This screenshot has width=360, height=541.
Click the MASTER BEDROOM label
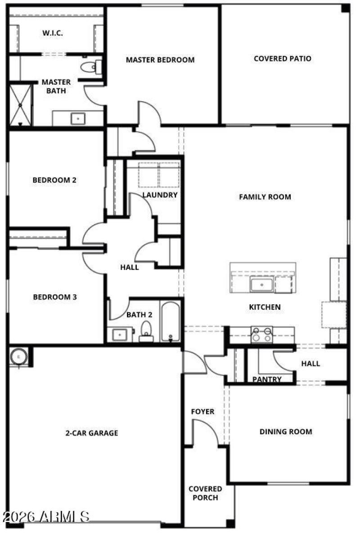pos(160,60)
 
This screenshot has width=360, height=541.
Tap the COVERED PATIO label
pos(282,59)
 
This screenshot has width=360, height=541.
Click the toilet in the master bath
pos(89,68)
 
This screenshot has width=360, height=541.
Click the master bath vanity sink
pos(78,119)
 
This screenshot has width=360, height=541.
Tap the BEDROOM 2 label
pos(54,180)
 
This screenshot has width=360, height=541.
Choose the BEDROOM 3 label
pos(55,297)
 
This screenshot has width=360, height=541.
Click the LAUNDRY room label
pos(160,195)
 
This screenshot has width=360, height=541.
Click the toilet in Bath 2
pos(146,331)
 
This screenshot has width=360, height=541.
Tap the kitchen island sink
pos(261,285)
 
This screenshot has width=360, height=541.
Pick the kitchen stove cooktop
pos(261,335)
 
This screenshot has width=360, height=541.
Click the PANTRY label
pos(267,379)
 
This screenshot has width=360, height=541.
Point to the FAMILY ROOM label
pos(265,197)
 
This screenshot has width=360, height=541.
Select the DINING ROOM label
pos(285,432)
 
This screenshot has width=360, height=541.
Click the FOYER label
pos(202,412)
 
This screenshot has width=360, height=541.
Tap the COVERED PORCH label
pos(205,493)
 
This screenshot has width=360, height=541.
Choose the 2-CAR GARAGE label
pos(92,433)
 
